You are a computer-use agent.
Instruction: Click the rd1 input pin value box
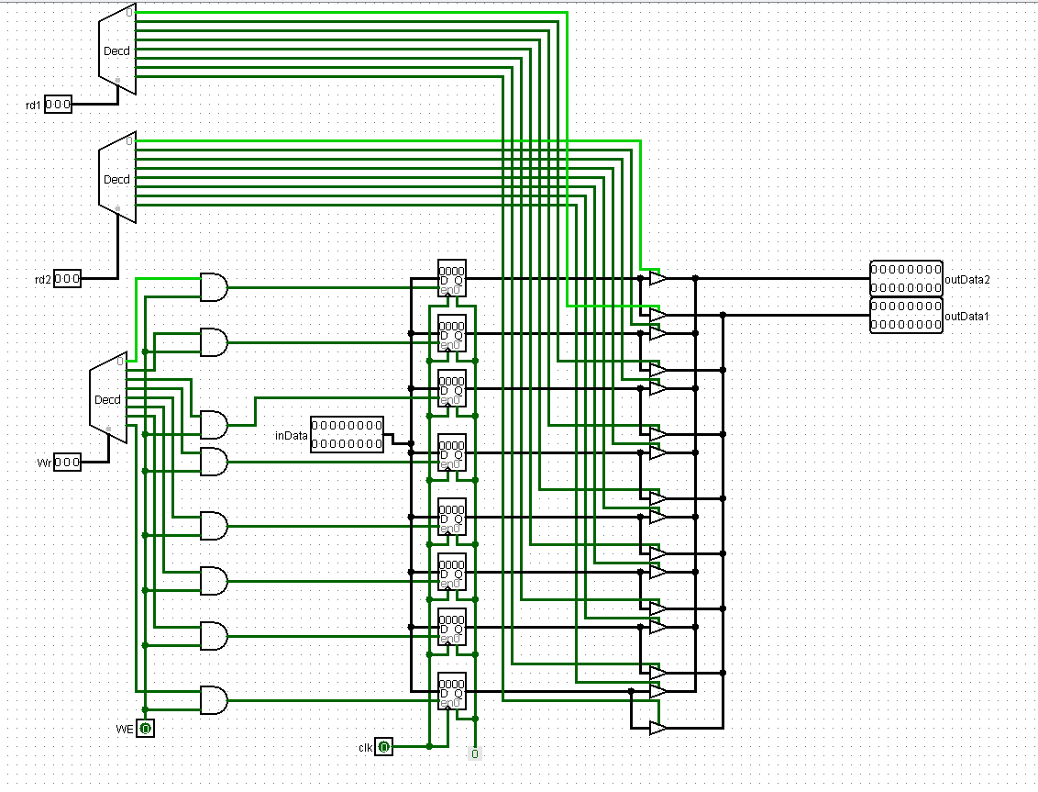pyautogui.click(x=58, y=105)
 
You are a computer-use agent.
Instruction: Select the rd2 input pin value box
pyautogui.click(x=67, y=278)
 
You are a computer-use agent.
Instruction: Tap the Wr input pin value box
pyautogui.click(x=67, y=462)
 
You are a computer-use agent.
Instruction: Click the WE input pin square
pyautogui.click(x=146, y=729)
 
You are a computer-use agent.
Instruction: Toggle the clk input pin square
pyautogui.click(x=384, y=747)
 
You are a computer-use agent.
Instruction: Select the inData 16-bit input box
pyautogui.click(x=347, y=434)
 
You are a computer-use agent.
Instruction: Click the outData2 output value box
pyautogui.click(x=905, y=278)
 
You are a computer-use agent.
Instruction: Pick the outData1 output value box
pyautogui.click(x=905, y=316)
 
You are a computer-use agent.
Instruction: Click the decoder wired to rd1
pyautogui.click(x=117, y=51)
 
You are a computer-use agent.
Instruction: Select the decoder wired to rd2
pyautogui.click(x=117, y=179)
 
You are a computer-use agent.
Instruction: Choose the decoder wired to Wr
pyautogui.click(x=108, y=399)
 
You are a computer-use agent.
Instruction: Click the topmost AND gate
pyautogui.click(x=214, y=287)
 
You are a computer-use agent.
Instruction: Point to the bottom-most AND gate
pyautogui.click(x=214, y=700)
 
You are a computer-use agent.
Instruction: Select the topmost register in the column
pyautogui.click(x=452, y=278)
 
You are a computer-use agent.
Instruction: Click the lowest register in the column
pyautogui.click(x=452, y=691)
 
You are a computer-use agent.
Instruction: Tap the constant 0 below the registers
pyautogui.click(x=474, y=753)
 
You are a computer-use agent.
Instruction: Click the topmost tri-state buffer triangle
pyautogui.click(x=657, y=278)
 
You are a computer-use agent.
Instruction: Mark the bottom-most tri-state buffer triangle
pyautogui.click(x=657, y=728)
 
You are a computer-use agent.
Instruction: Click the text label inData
pyautogui.click(x=292, y=435)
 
